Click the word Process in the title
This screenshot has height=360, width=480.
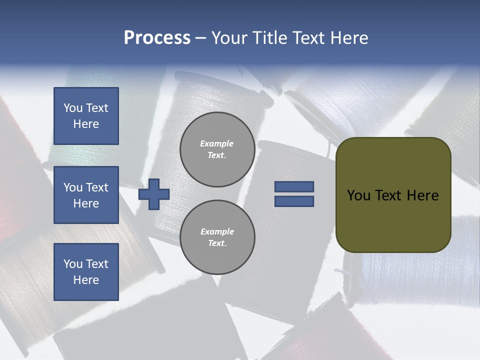[x=157, y=38]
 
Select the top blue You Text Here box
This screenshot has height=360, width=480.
[x=86, y=116]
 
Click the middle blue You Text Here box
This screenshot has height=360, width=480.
[x=86, y=195]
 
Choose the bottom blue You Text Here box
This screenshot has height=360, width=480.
[x=86, y=272]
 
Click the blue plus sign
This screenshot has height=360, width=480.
[x=154, y=194]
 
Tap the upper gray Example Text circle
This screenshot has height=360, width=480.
[x=217, y=149]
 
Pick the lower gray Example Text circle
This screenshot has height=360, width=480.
[x=217, y=237]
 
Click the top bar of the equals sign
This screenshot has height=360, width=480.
[x=294, y=186]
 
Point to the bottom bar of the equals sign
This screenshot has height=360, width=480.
[x=294, y=201]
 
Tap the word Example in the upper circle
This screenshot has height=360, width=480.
[x=216, y=143]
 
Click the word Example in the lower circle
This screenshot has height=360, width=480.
[x=217, y=231]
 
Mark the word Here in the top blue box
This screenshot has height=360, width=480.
[x=86, y=124]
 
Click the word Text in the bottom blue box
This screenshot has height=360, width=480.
[x=96, y=264]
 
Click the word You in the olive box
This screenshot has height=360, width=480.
[x=358, y=195]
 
